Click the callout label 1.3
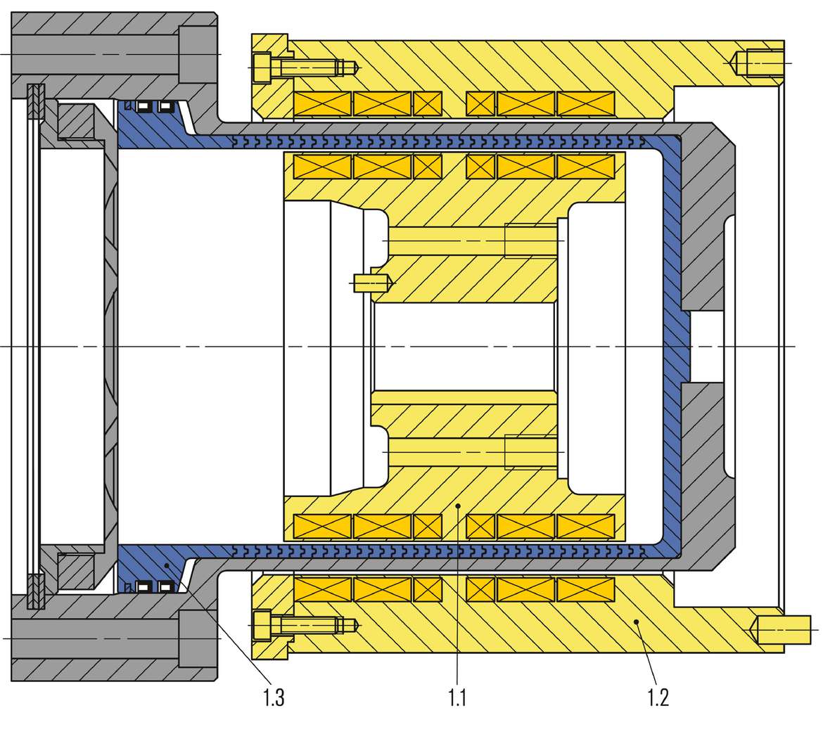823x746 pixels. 274,698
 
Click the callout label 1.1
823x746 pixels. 457,698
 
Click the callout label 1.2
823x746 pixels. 657,698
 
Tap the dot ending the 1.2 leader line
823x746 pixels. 636,621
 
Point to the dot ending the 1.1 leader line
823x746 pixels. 458,505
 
